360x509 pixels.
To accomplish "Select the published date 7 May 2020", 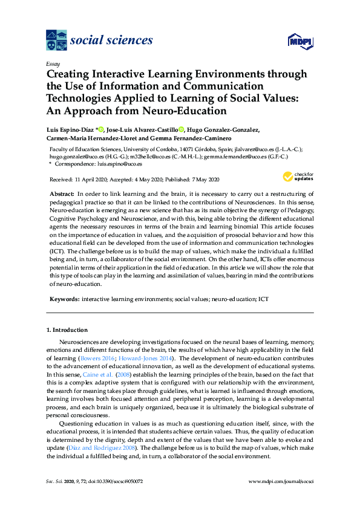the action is [202, 180].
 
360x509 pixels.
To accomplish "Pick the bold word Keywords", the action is [64, 299].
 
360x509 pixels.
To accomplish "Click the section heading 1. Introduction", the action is [67, 330].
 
